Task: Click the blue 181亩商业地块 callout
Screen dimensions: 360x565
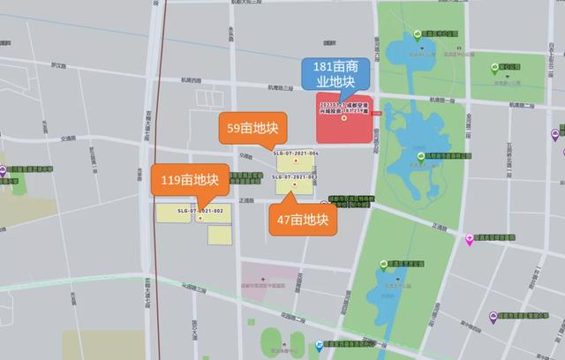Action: tap(330, 75)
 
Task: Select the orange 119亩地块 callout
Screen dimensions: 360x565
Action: tap(189, 180)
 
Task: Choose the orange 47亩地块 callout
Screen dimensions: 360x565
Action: tap(304, 221)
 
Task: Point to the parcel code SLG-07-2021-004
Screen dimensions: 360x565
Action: tap(297, 154)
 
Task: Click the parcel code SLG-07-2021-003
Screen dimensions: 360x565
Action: tap(296, 177)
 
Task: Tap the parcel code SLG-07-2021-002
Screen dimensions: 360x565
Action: tap(200, 211)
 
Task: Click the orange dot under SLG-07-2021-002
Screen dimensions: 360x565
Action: tap(200, 219)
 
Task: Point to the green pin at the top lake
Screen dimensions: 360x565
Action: tap(418, 36)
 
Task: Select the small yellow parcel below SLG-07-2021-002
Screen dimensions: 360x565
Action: tap(219, 234)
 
